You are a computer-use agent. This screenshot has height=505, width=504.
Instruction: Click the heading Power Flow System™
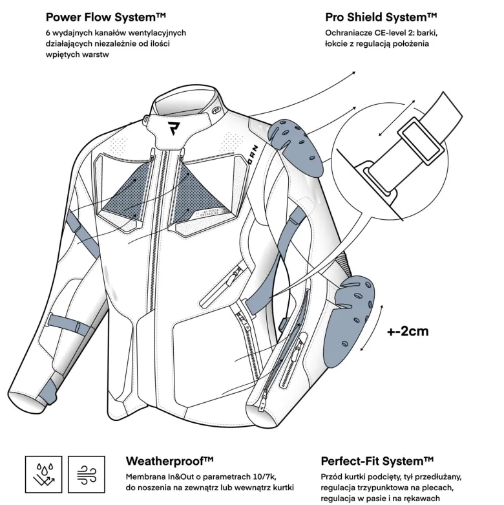click(105, 17)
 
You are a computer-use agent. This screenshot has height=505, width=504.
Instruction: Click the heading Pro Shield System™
click(381, 17)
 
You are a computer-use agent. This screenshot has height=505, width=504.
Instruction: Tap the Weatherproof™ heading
click(169, 461)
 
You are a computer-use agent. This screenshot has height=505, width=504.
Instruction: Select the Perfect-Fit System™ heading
click(377, 461)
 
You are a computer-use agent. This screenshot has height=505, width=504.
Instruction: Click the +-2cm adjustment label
click(408, 331)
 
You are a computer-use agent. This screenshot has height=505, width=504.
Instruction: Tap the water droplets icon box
click(44, 475)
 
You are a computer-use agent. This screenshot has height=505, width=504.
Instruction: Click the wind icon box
click(87, 475)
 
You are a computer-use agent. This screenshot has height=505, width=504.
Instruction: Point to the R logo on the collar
click(173, 128)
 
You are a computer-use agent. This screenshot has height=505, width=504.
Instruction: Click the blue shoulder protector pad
click(296, 147)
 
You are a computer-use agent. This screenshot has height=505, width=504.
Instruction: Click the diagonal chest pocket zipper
click(222, 283)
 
